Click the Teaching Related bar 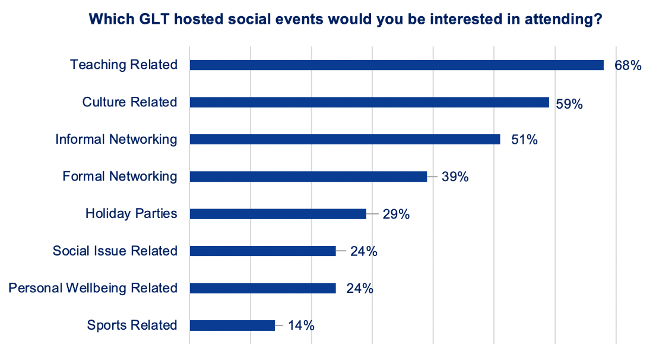coord(397,65)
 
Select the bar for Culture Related coord(369,102)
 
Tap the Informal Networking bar coord(344,139)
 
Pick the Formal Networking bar coord(308,176)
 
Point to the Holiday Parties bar coord(278,214)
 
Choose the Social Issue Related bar coord(262,251)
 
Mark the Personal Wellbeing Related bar coord(262,288)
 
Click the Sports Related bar coord(232,326)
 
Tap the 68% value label coord(628,65)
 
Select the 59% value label coord(569,104)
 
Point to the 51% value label coord(524,140)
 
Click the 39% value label coord(455,176)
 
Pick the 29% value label coord(396,214)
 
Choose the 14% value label coord(301,326)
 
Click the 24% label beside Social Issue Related coord(363,251)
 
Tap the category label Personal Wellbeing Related coord(93,288)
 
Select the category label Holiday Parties coord(131,214)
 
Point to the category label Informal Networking coord(116,139)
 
